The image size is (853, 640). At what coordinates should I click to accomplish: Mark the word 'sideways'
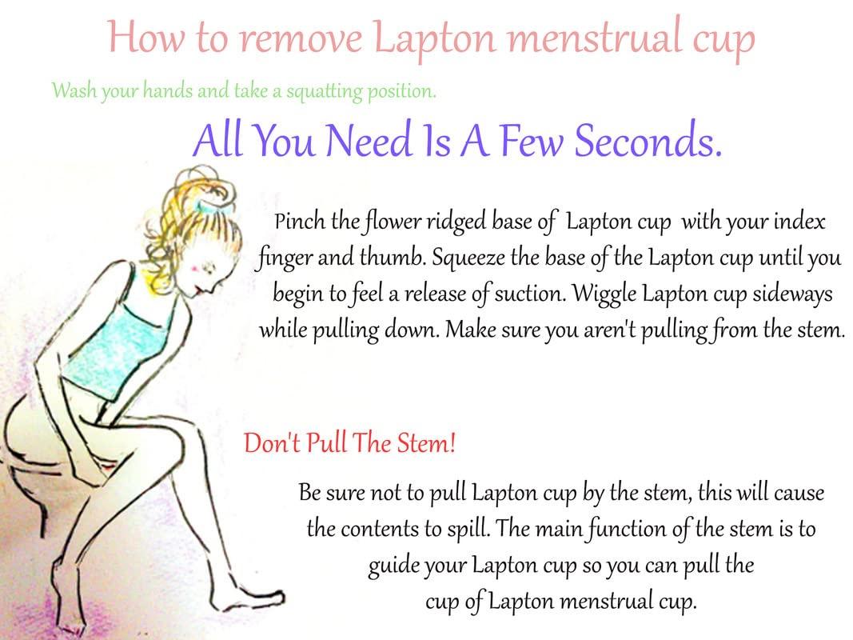[x=793, y=294]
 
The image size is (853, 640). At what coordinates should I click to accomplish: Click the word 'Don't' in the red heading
[x=269, y=442]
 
